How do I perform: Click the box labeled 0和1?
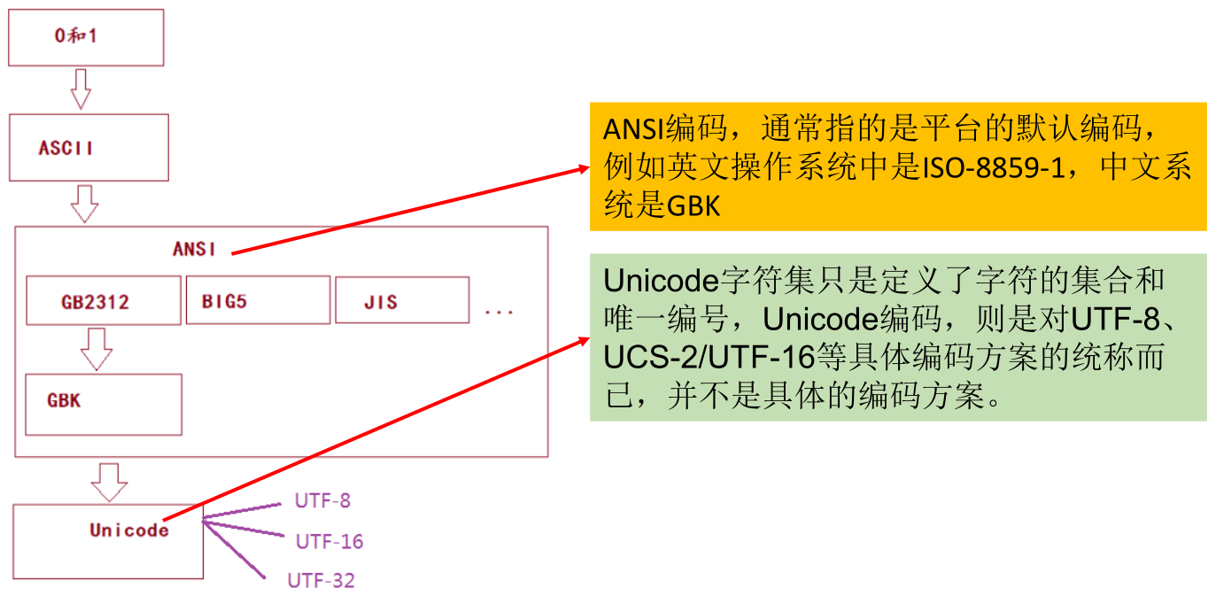pos(86,37)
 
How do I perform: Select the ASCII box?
pos(89,148)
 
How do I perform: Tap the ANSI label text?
pos(194,249)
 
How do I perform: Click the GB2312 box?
pos(103,301)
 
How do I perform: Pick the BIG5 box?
pos(258,300)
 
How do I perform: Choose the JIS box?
pos(401,301)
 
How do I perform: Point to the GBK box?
pos(103,404)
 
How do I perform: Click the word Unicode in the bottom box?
pos(128,530)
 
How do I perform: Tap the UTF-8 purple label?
pos(322,501)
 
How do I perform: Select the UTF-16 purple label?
pos(329,541)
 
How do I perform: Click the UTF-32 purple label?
pos(321,581)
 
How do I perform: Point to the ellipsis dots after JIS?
pos(500,312)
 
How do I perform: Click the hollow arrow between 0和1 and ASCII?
pos(81,89)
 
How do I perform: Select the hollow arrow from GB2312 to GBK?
pos(96,348)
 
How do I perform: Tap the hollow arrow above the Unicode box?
pos(109,481)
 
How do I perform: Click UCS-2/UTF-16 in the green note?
pos(709,358)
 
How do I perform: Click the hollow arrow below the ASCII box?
pos(84,204)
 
